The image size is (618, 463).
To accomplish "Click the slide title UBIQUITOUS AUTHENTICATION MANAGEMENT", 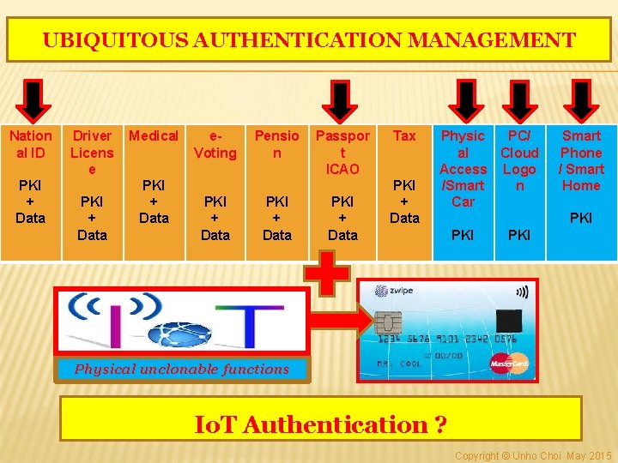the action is coord(309,40).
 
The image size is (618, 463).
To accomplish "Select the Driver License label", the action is coord(92,152).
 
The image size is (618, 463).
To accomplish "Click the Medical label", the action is coord(154,135).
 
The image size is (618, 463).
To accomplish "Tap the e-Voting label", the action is coord(215,144).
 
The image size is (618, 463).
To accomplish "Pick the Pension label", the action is coord(277,144).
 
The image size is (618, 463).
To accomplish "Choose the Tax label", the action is coord(404,135).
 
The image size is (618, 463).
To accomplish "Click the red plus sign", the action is coord(329,275).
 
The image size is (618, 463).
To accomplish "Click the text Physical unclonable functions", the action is coord(182,370).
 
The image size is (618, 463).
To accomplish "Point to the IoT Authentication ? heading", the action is coord(320,424).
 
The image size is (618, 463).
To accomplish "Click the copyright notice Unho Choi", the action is coord(533,455).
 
